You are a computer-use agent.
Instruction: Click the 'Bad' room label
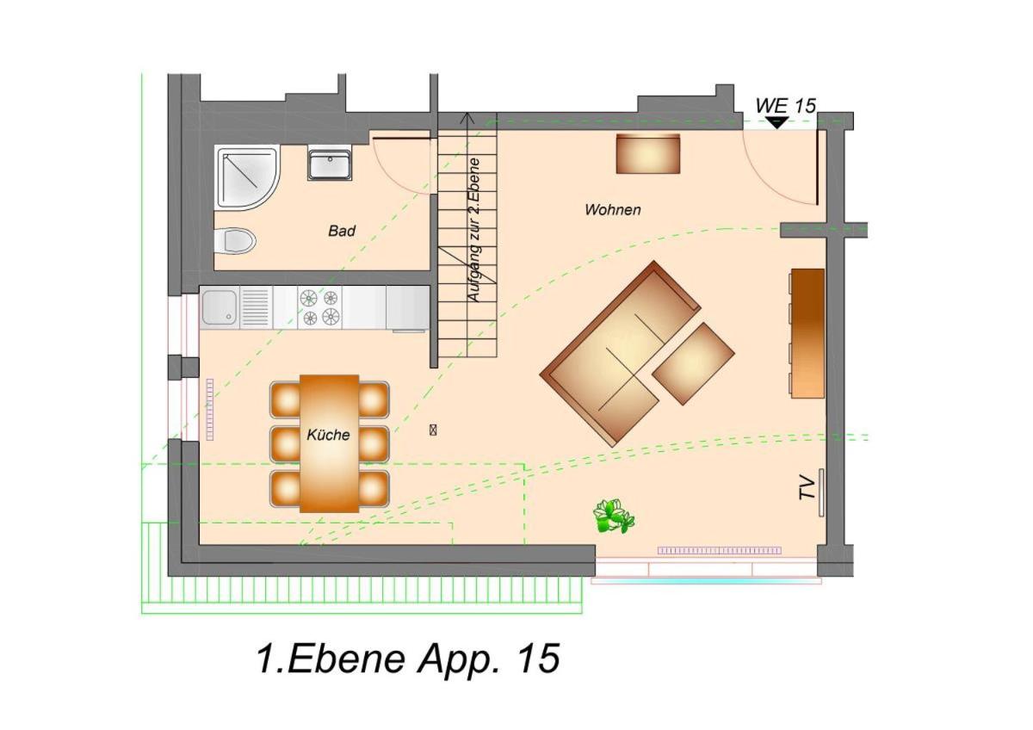coord(342,231)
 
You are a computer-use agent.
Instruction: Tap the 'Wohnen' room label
coord(613,210)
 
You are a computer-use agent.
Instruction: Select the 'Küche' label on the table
coord(328,435)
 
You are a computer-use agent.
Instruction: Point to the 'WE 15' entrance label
coord(785,106)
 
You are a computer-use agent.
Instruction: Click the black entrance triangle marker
coord(777,122)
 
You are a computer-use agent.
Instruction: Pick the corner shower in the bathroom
coord(247,178)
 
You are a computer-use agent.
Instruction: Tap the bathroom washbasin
coord(331,164)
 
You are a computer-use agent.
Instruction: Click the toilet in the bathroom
coord(235,240)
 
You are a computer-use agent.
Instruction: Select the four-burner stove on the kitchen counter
coord(319,307)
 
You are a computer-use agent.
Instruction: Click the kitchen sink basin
coord(220,307)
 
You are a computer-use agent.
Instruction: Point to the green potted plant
coord(613,516)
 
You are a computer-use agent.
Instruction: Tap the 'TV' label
coord(807,487)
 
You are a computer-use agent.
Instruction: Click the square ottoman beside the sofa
coord(693,364)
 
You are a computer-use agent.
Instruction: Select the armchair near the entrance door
coord(648,153)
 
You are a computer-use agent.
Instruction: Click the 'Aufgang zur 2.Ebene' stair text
coord(474,231)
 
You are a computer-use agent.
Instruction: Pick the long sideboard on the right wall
coord(807,333)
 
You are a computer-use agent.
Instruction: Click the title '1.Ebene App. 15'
coord(408,659)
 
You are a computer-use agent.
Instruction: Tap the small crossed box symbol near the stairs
coord(432,430)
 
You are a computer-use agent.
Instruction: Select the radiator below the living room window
coord(720,550)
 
